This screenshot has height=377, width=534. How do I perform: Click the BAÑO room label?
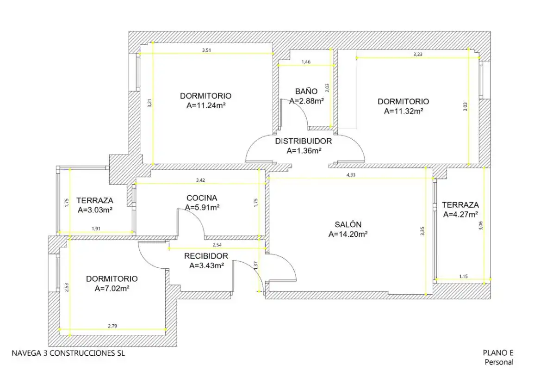tap(306, 91)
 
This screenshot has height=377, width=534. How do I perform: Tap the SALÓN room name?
tap(348, 224)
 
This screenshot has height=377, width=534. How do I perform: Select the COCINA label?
tap(202, 198)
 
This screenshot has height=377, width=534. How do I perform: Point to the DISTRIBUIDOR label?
tap(304, 141)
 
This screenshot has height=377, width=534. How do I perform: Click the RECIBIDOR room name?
tap(206, 256)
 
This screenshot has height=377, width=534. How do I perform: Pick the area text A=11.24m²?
tap(206, 105)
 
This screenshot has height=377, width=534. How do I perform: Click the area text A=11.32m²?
tap(404, 111)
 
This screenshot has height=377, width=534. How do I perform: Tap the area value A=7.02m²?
tap(112, 289)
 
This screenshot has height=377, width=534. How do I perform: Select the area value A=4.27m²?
tap(460, 215)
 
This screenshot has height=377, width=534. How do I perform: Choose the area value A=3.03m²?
tap(95, 210)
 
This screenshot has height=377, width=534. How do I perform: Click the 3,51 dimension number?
tap(206, 50)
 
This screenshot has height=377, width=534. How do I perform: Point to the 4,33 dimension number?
tap(351, 175)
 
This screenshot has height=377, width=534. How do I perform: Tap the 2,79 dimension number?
tap(112, 326)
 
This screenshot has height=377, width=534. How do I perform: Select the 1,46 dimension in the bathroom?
tap(306, 62)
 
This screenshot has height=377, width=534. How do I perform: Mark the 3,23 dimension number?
tap(418, 54)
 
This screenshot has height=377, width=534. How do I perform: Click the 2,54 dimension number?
tap(217, 245)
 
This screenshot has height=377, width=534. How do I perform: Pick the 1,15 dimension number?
tap(464, 277)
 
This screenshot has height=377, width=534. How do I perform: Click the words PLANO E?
tap(498, 353)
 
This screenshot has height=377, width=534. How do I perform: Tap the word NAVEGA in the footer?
tap(26, 353)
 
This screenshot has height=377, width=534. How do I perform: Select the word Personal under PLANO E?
tap(499, 362)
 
